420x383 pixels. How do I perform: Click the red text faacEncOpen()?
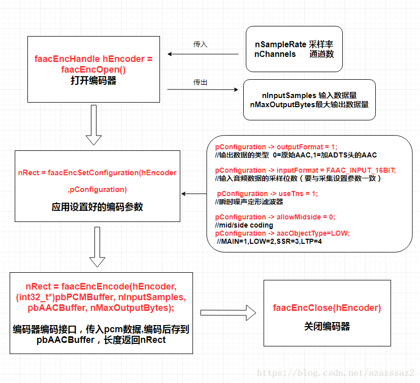pyautogui.click(x=93, y=70)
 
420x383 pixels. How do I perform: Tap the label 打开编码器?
pyautogui.click(x=93, y=81)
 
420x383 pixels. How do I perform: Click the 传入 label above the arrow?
pyautogui.click(x=200, y=44)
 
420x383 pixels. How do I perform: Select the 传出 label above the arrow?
pyautogui.click(x=200, y=82)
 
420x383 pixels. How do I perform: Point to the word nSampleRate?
pyautogui.click(x=280, y=45)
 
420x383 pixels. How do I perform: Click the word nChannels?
pyautogui.click(x=275, y=54)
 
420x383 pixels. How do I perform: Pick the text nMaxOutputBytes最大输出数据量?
pyautogui.click(x=309, y=104)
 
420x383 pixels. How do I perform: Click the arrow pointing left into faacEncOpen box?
pyautogui.click(x=203, y=54)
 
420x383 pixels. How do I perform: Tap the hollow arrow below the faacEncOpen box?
pyautogui.click(x=93, y=125)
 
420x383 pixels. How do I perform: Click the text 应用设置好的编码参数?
pyautogui.click(x=97, y=207)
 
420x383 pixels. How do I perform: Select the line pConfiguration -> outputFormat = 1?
pyautogui.click(x=276, y=147)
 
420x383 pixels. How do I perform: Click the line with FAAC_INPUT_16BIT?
pyautogui.click(x=305, y=170)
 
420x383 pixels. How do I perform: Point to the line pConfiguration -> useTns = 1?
pyautogui.click(x=267, y=194)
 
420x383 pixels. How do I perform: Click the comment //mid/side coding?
pyautogui.click(x=244, y=225)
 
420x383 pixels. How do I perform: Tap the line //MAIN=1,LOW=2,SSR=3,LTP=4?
pyautogui.click(x=269, y=241)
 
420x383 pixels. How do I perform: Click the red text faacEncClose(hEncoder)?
pyautogui.click(x=327, y=308)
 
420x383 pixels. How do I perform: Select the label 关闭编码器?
pyautogui.click(x=327, y=327)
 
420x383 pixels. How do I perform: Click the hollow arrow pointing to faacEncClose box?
pyautogui.click(x=228, y=312)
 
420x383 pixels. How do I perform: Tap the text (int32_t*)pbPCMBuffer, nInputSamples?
pyautogui.click(x=101, y=297)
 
